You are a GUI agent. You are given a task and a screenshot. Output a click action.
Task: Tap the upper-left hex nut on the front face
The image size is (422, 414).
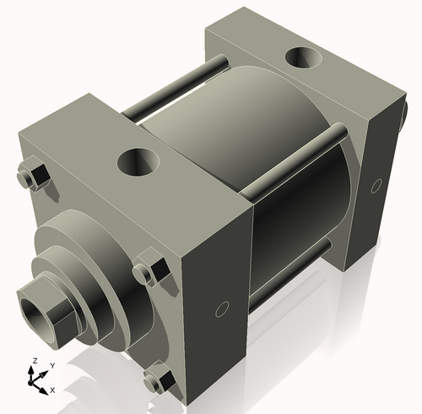click(33, 175)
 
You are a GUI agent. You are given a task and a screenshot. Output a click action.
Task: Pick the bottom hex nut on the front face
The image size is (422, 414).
click(157, 380)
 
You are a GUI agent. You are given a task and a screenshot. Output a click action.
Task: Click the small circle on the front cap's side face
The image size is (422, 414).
click(223, 309)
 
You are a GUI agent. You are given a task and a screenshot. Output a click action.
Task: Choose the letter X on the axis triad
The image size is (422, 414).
click(52, 389)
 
